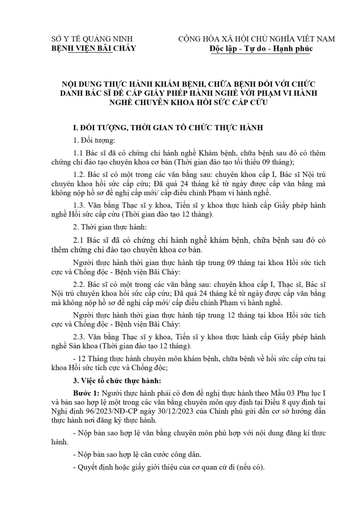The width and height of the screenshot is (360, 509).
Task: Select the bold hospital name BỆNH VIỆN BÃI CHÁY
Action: (94, 49)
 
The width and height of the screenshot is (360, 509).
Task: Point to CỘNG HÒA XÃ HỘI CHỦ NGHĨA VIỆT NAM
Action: (256, 39)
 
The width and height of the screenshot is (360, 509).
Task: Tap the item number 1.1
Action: (79, 153)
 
